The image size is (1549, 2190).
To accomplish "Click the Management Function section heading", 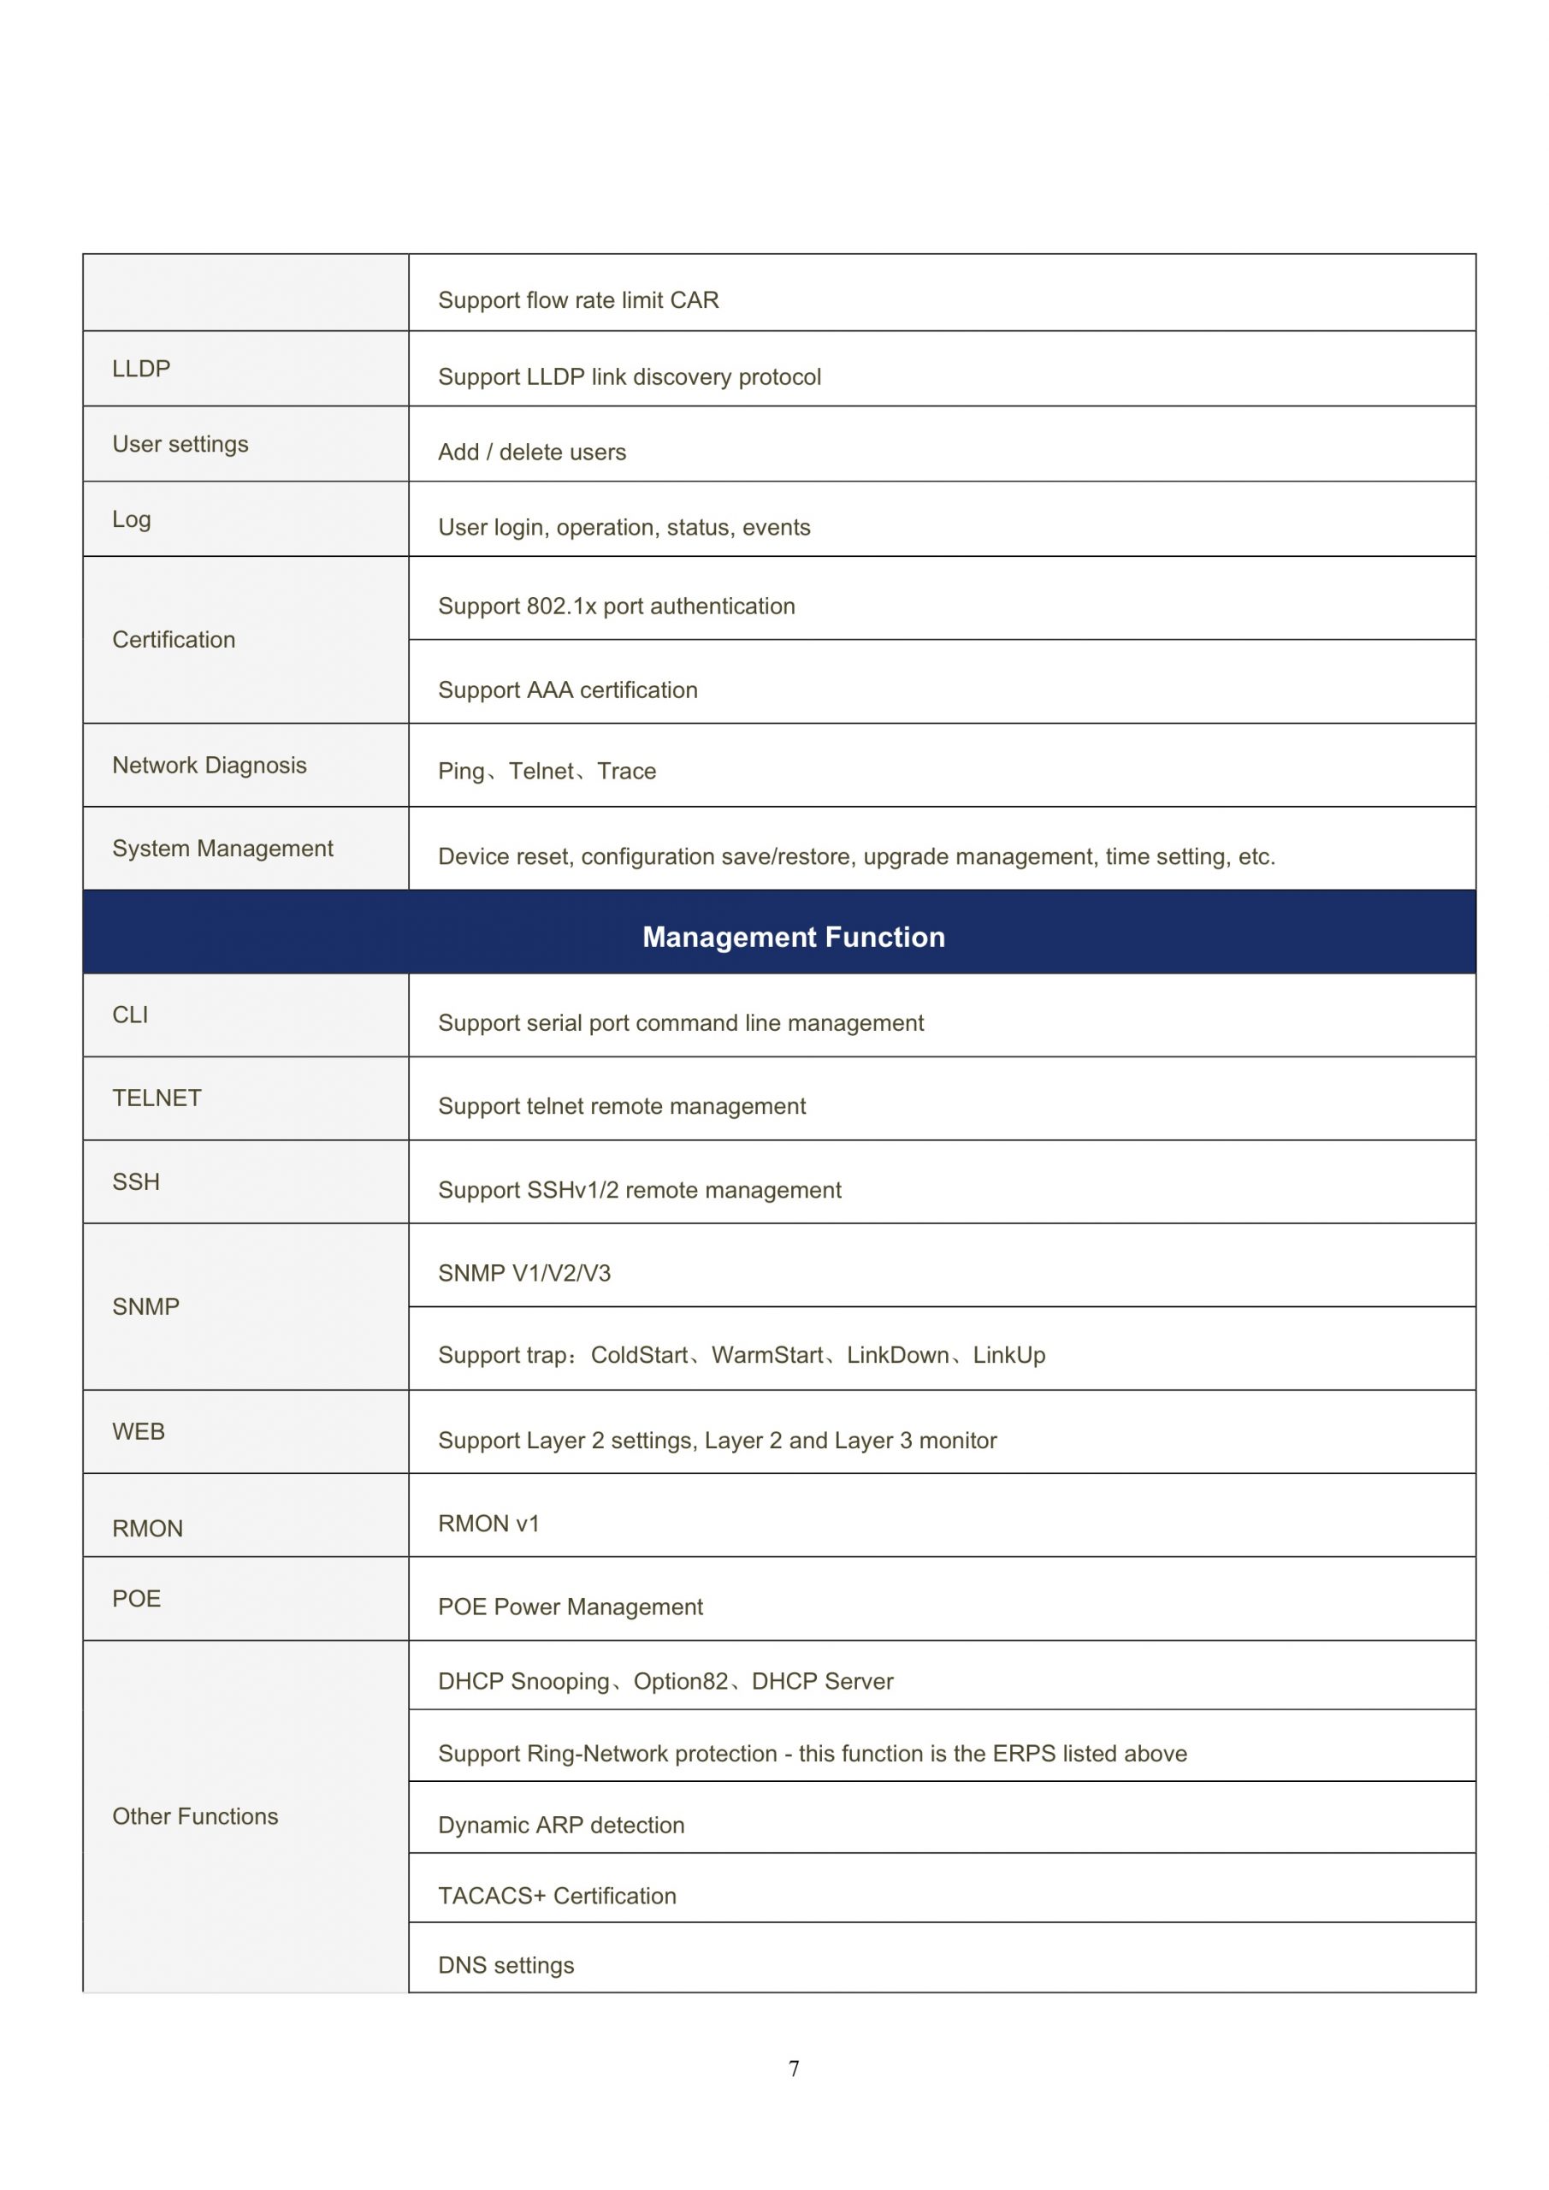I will tap(793, 937).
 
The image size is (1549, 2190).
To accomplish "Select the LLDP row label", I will tap(141, 368).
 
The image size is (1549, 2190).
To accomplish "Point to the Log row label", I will tap(132, 519).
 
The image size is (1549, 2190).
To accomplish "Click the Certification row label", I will tap(174, 639).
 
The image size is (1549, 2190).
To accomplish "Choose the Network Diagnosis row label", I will tap(210, 765).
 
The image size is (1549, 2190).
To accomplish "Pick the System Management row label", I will tap(222, 848).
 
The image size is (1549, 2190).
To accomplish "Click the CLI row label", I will tap(130, 1015).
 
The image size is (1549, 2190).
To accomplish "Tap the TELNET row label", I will tap(157, 1098).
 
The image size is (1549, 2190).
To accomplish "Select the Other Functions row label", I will tap(196, 1816).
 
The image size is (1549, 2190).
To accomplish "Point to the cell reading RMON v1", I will tap(488, 1524).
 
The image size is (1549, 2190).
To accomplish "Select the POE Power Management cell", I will tap(570, 1607).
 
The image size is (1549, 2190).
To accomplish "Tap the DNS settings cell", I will tap(505, 1965).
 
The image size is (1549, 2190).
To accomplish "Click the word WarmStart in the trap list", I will tap(767, 1354).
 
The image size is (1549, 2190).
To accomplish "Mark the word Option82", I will tap(680, 1681).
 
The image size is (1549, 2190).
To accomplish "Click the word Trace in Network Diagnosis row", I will tap(627, 771).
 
